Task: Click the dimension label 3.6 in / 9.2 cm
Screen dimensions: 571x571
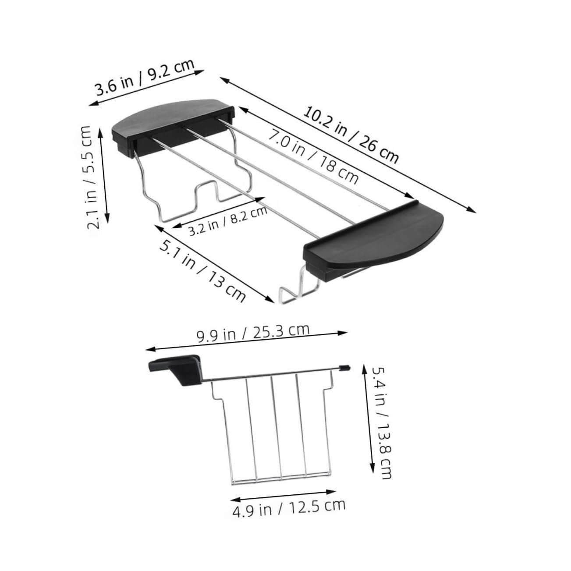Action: point(145,78)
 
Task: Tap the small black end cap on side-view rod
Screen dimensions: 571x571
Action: point(345,367)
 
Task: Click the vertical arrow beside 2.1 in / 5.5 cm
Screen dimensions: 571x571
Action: point(105,175)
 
